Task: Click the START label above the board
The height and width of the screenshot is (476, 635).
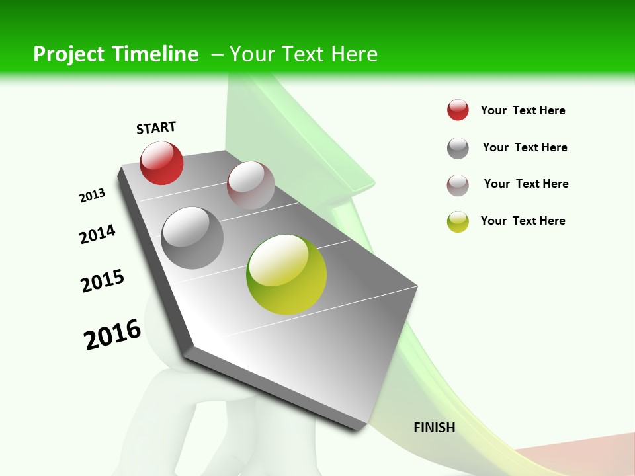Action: coord(156,128)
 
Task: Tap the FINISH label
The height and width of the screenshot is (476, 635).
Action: coord(435,428)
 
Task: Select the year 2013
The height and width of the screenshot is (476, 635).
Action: coord(93,196)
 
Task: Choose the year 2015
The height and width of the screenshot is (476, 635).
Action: coord(103,281)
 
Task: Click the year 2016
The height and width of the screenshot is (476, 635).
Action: coord(112,335)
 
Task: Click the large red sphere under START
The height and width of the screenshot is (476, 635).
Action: coord(161,163)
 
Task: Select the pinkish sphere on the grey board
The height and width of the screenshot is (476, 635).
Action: coord(251,184)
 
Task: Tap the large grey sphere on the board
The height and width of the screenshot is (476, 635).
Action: coord(192,238)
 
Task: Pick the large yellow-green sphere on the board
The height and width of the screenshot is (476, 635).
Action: coord(286,274)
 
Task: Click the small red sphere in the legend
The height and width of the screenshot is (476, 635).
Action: coord(458,110)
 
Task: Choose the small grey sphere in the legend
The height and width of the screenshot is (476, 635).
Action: coord(458,148)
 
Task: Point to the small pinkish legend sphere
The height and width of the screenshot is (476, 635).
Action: coord(458,185)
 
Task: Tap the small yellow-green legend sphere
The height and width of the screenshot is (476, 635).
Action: coord(458,221)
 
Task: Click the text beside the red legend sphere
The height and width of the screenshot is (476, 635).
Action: coord(523,110)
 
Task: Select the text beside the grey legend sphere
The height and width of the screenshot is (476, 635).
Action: coord(525,147)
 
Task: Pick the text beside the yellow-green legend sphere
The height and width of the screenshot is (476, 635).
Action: coord(523,221)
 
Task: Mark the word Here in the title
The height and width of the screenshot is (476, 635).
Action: coord(354,54)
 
